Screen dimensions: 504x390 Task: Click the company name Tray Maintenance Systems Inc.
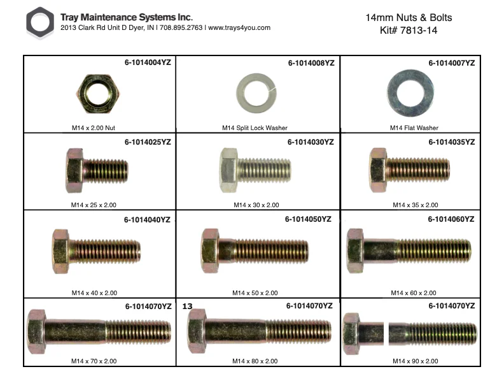coord(127,17)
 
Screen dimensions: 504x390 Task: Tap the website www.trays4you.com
coord(239,27)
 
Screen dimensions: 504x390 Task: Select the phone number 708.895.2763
coord(181,27)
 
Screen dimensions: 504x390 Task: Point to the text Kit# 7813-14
coord(409,30)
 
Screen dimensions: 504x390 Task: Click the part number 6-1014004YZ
coord(148,62)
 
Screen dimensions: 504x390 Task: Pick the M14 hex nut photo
coord(98,94)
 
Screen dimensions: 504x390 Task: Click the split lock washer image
coord(256,93)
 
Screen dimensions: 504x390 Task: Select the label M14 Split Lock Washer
coord(255,127)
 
